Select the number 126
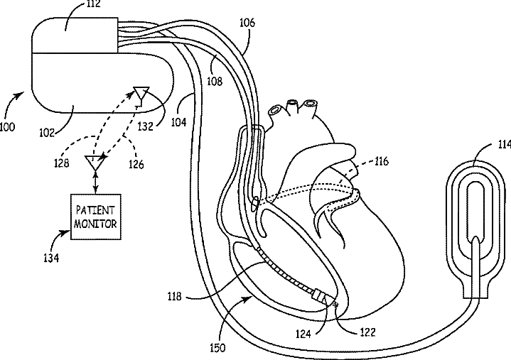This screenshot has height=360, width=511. [x=136, y=165]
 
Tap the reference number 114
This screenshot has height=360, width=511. [x=502, y=145]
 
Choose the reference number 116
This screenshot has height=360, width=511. [x=381, y=163]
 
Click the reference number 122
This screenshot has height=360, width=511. [x=367, y=331]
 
